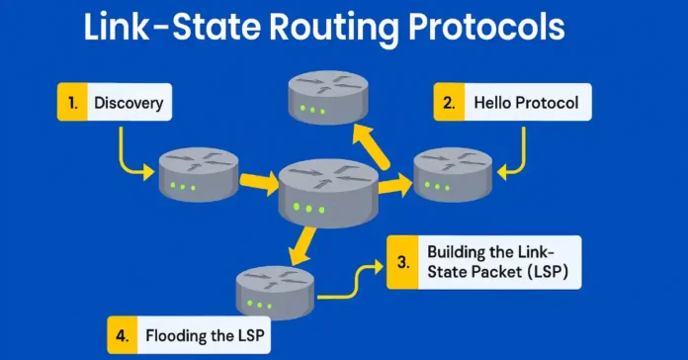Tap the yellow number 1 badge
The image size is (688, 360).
(x=69, y=102)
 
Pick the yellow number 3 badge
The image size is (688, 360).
(x=401, y=262)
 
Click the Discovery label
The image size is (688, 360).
(x=129, y=102)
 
